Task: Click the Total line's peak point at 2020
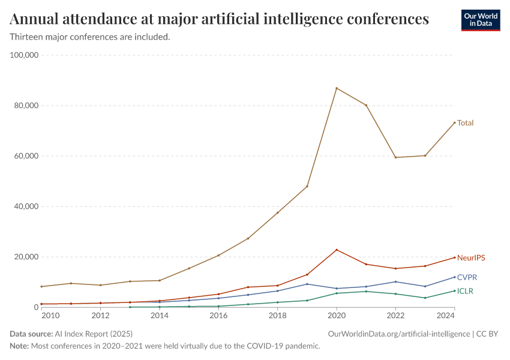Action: click(x=337, y=88)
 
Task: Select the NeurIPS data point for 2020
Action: click(x=337, y=250)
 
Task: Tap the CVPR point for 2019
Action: click(x=307, y=284)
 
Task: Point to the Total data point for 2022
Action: click(x=395, y=157)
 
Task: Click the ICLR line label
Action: click(x=465, y=291)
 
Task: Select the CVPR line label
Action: click(x=467, y=277)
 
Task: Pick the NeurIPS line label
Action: click(x=471, y=257)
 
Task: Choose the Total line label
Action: click(x=465, y=123)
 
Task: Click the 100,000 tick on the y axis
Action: click(x=25, y=55)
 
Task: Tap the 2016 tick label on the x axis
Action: click(x=218, y=316)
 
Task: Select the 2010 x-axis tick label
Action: click(x=50, y=316)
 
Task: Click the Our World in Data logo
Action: click(x=480, y=20)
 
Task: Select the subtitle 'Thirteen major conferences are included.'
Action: click(x=90, y=37)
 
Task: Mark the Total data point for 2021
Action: click(x=366, y=105)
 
